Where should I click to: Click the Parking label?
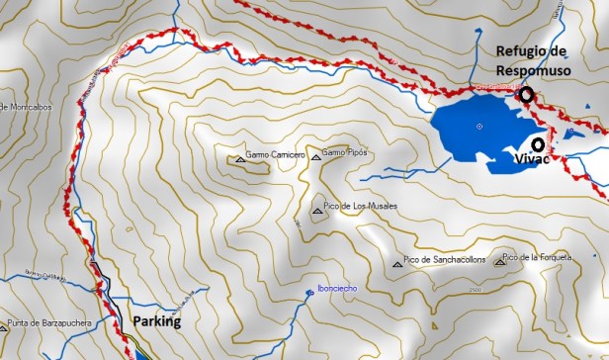coord(157,321)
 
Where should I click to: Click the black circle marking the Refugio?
coord(527,95)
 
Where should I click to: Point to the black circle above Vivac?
coord(537,143)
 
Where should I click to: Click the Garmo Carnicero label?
coord(275,156)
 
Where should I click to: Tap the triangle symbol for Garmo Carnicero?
coord(239,157)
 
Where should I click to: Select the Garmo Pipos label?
coord(345,154)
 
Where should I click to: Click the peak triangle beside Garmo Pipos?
coord(315,156)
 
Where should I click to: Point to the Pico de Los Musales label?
coord(362,206)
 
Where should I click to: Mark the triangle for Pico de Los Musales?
coord(317,210)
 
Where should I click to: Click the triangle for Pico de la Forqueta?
coord(505,261)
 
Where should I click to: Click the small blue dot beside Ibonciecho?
coord(309,292)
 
